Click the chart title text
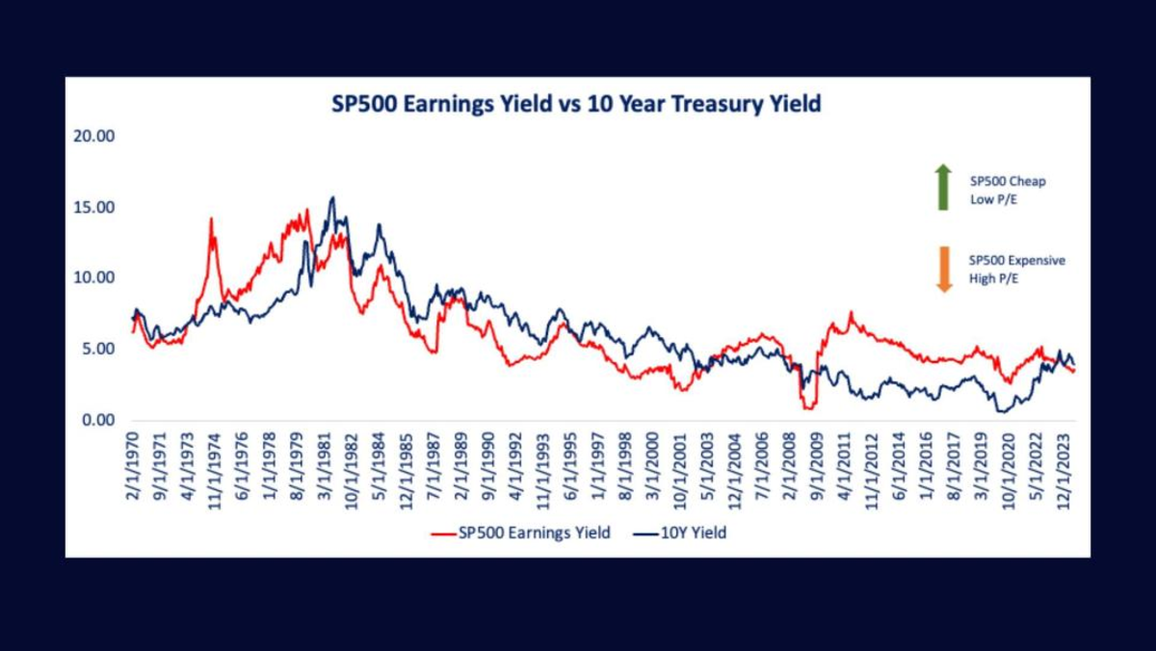click(577, 104)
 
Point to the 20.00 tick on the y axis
click(94, 136)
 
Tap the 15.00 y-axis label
click(94, 207)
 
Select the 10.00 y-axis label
click(94, 277)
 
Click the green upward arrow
click(943, 187)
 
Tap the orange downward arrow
click(943, 270)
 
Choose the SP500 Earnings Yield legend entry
click(521, 533)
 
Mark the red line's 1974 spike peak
click(210, 219)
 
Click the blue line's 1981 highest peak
click(332, 197)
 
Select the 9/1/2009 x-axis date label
click(819, 466)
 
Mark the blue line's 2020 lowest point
click(1003, 411)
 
